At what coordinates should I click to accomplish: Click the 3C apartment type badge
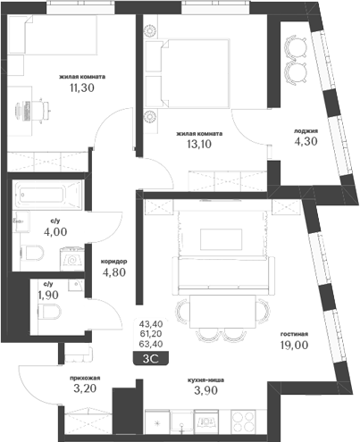click(151, 359)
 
